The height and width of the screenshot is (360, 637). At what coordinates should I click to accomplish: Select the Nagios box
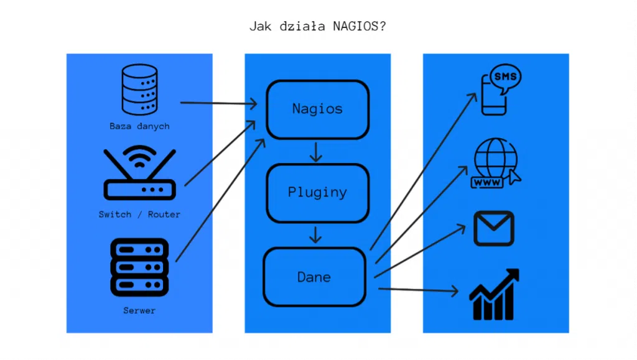click(x=317, y=109)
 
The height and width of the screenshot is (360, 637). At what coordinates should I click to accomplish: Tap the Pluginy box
click(x=317, y=192)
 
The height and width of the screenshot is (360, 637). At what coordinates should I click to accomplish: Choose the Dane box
click(x=314, y=277)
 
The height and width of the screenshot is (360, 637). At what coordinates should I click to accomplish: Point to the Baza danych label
click(x=139, y=126)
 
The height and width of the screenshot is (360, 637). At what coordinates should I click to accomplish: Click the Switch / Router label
click(x=139, y=215)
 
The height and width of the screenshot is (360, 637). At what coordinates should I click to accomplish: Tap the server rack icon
click(x=139, y=268)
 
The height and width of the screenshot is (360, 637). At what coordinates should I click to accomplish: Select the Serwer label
click(x=139, y=310)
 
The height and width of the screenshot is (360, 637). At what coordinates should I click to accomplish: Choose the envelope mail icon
click(x=494, y=228)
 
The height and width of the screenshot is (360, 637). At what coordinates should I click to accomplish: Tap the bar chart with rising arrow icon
click(x=495, y=295)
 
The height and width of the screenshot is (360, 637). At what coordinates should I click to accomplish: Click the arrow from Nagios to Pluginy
click(x=317, y=152)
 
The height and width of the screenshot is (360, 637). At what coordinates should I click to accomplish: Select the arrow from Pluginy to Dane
click(x=317, y=234)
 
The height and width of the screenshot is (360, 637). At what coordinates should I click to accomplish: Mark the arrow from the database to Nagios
click(x=218, y=102)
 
